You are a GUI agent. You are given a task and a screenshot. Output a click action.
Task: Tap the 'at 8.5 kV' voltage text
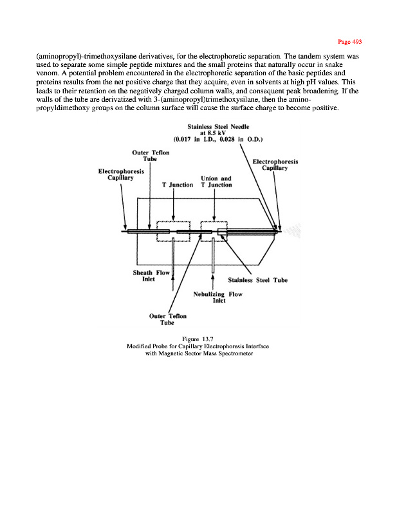click(x=219, y=133)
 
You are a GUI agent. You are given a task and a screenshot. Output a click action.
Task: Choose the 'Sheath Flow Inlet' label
click(x=151, y=277)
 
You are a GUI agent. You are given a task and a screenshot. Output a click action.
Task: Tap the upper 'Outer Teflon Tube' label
click(x=151, y=156)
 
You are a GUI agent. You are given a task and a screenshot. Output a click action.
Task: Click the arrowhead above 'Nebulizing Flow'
click(x=212, y=279)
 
